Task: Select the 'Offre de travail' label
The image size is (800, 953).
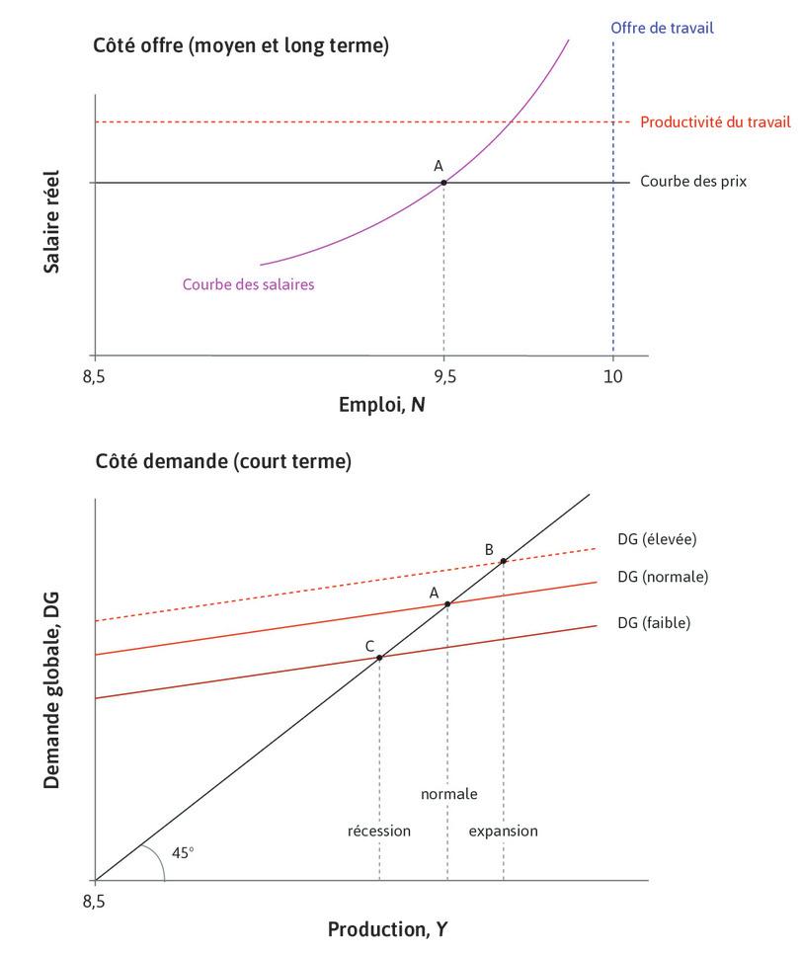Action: tap(662, 28)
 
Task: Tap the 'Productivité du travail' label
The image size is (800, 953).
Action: tap(715, 122)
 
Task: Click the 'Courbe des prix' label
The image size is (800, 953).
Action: tap(693, 182)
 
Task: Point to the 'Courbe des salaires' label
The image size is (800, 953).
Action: tap(248, 284)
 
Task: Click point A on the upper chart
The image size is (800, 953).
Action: tap(443, 183)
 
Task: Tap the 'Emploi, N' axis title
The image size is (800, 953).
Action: tap(382, 405)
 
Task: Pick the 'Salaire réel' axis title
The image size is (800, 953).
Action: tap(52, 222)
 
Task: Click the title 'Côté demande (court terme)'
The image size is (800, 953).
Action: tap(222, 462)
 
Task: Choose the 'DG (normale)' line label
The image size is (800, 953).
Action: tap(663, 576)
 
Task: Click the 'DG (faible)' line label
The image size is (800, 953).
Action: tap(653, 622)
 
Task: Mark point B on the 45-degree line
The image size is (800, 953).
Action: tap(504, 561)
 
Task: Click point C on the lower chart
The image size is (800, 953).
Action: tap(379, 658)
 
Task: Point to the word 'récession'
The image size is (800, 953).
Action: tap(378, 831)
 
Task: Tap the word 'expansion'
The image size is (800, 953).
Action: tap(503, 831)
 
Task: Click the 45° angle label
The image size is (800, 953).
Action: tap(183, 851)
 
